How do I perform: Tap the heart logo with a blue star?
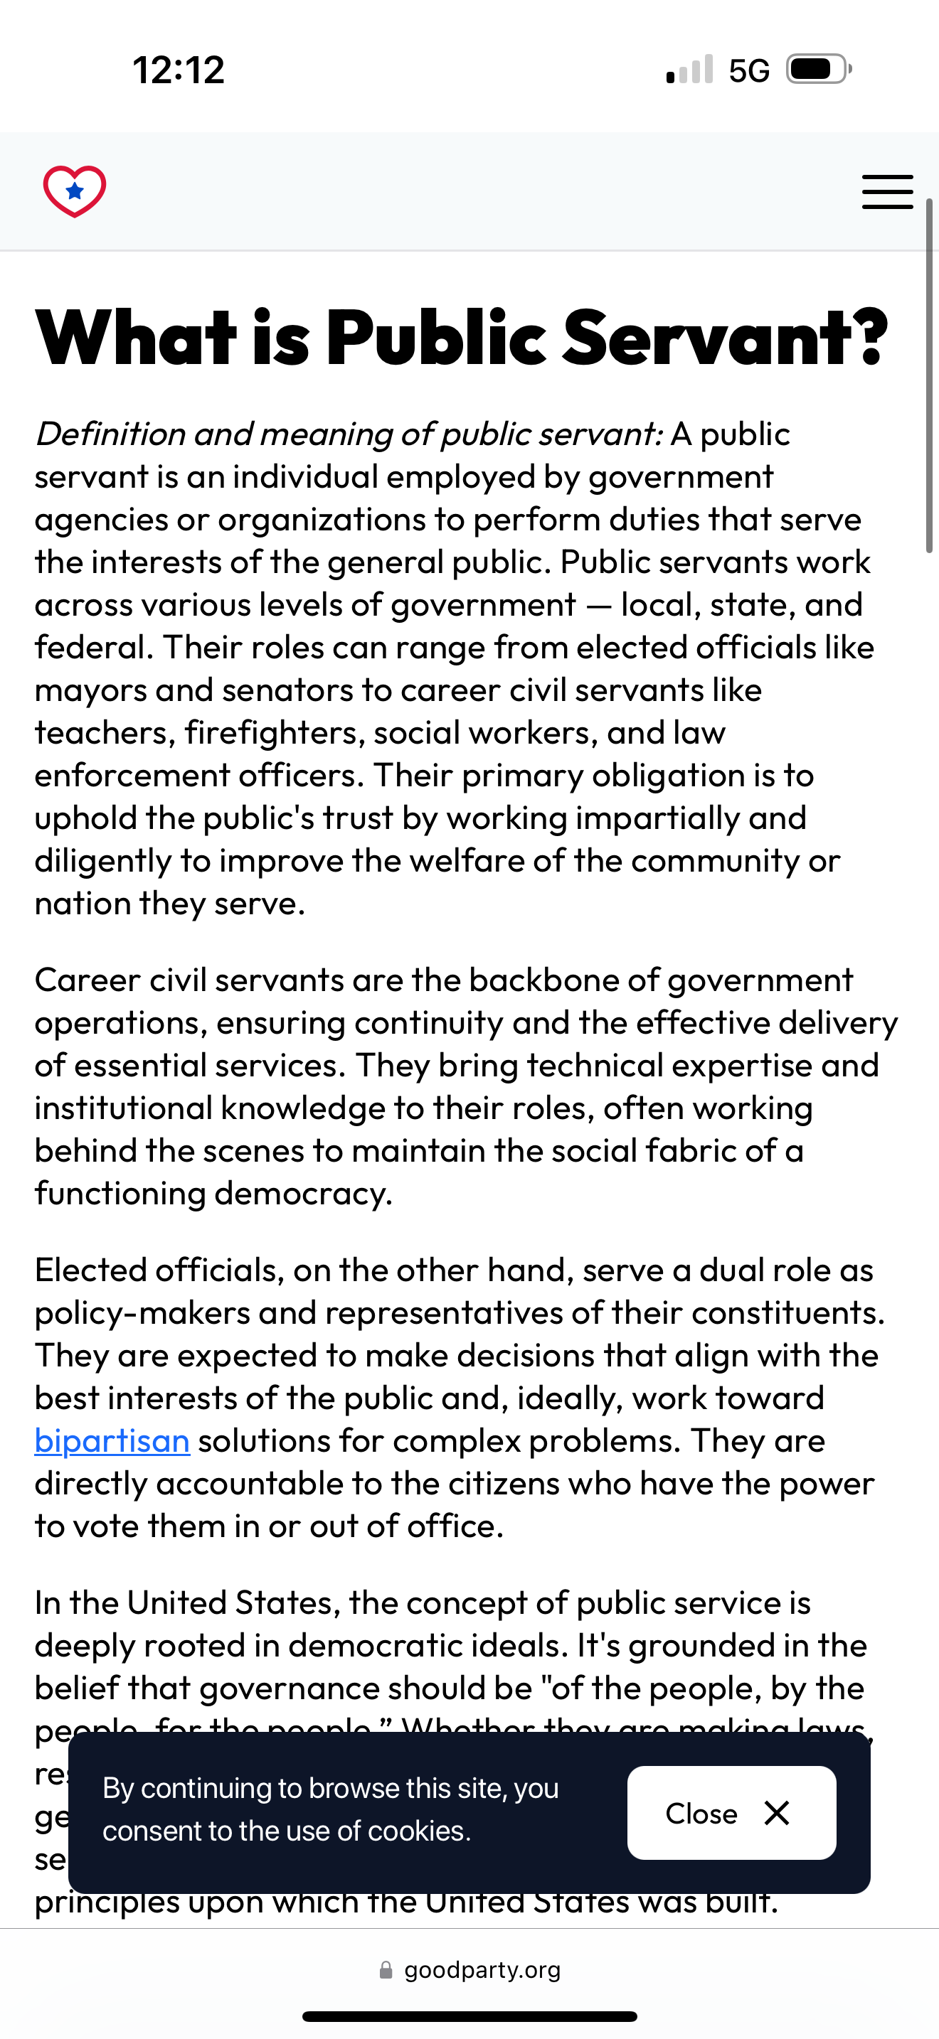click(x=75, y=191)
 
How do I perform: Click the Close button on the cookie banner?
click(x=731, y=1813)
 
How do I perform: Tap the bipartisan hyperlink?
click(x=112, y=1440)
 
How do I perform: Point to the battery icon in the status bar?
click(x=818, y=70)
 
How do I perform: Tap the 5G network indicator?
click(x=748, y=71)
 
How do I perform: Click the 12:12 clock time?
click(x=179, y=70)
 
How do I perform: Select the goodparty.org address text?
click(x=482, y=1970)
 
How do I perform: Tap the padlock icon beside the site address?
click(x=386, y=1970)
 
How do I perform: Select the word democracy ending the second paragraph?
click(x=303, y=1194)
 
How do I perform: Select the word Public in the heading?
click(x=435, y=338)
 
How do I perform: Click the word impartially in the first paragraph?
click(x=654, y=818)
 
